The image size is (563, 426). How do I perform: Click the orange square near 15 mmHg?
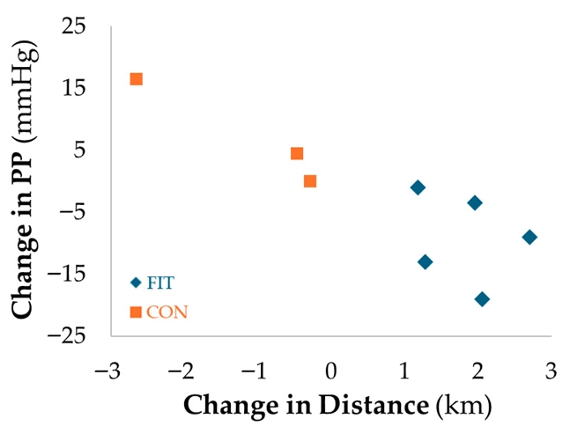(136, 79)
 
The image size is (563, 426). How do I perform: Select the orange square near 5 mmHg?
(297, 153)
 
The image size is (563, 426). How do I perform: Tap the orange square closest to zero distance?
(310, 181)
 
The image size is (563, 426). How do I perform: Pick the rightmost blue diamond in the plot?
(530, 237)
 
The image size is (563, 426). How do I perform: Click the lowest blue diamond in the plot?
(482, 298)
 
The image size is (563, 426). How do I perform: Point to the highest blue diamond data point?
(418, 187)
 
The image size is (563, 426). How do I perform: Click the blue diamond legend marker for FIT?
(136, 283)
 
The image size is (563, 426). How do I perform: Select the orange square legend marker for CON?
(136, 312)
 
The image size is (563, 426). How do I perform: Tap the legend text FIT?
(160, 283)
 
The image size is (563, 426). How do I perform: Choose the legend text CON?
(167, 312)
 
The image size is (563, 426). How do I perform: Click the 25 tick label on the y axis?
(74, 26)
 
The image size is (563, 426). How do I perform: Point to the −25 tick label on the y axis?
(67, 336)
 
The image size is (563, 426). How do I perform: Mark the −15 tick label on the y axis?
(67, 275)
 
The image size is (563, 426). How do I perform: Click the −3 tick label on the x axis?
(107, 371)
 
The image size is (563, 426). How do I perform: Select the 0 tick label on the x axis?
(331, 371)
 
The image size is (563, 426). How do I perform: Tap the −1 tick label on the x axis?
(254, 371)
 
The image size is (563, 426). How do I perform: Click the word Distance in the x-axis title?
(374, 405)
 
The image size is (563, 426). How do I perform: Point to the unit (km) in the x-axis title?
(463, 407)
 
